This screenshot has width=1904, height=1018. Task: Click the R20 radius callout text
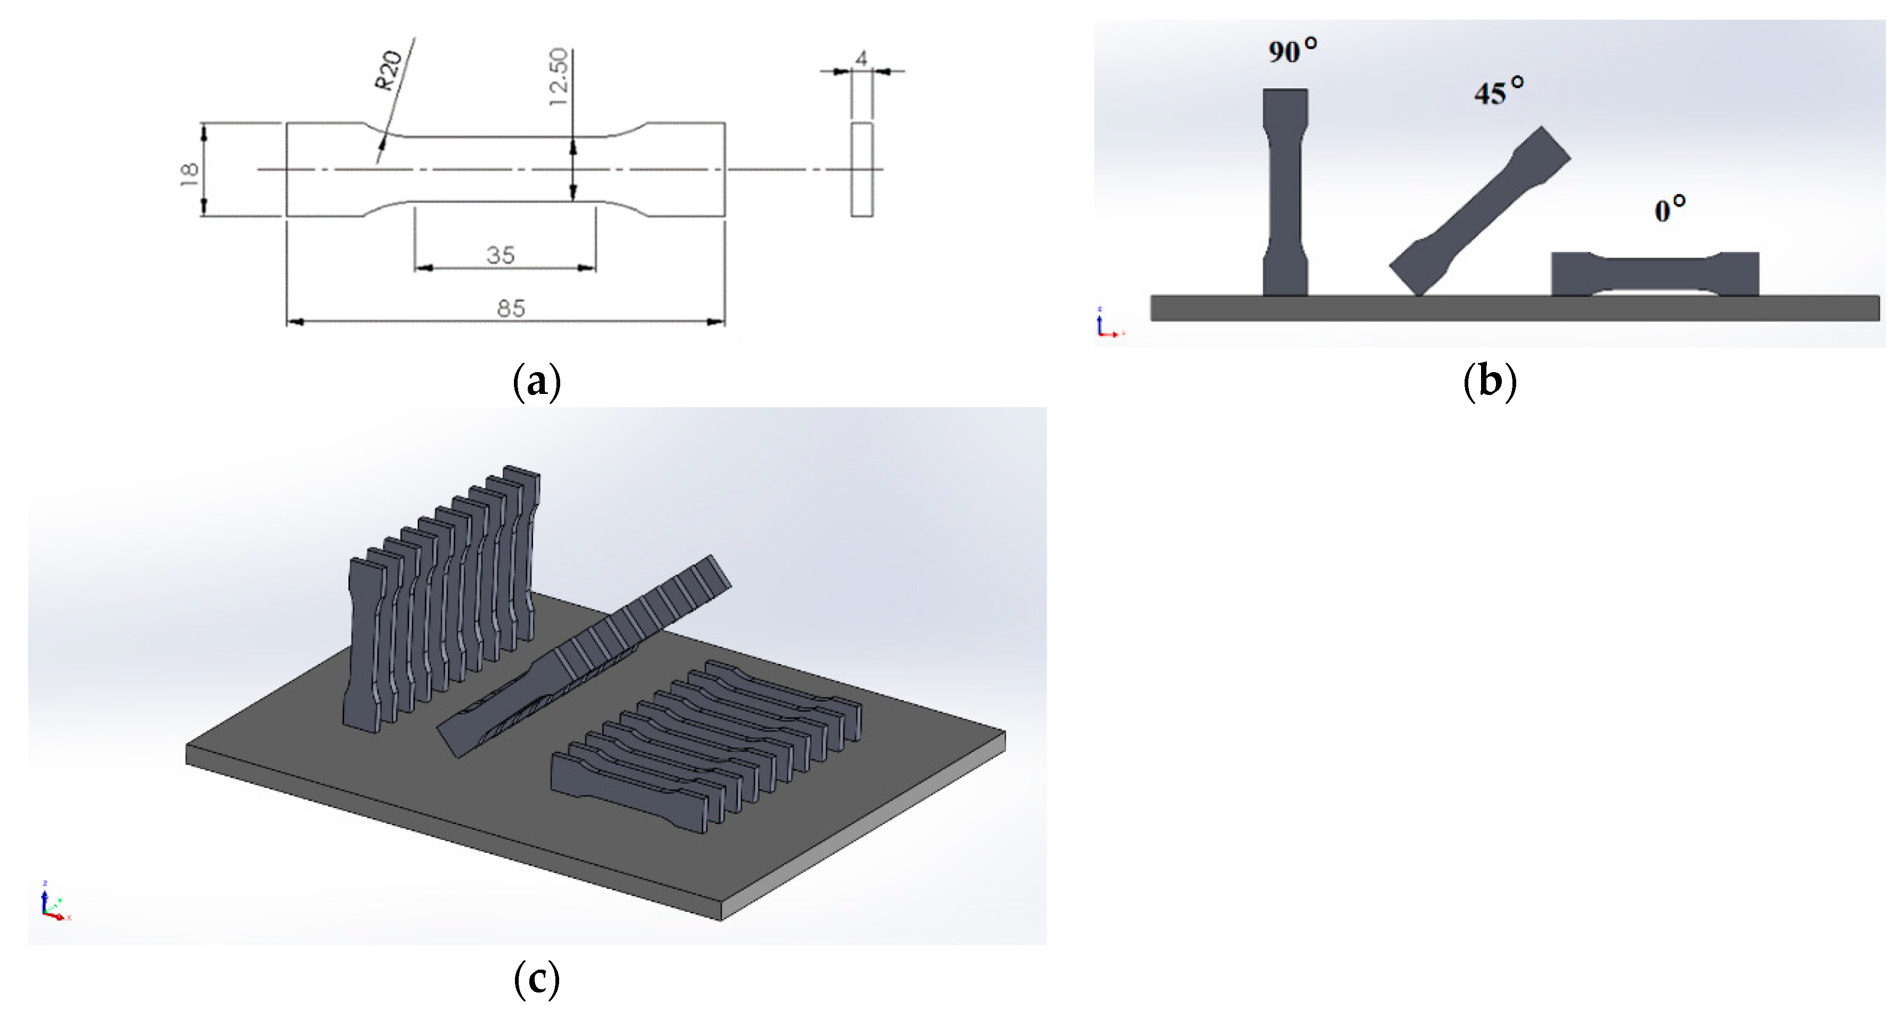[389, 71]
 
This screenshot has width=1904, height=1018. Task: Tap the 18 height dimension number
[189, 174]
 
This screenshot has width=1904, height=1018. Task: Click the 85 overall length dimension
[511, 309]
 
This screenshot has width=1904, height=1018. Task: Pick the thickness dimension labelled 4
[861, 57]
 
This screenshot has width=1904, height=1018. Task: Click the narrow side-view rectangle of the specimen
[861, 170]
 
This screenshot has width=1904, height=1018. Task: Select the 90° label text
[1292, 50]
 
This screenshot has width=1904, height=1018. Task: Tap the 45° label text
[1498, 91]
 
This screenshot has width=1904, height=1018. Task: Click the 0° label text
[1669, 210]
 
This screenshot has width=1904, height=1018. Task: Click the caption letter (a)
[537, 381]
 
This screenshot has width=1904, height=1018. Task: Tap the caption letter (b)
[1490, 381]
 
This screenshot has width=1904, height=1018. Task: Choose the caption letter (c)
[537, 980]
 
